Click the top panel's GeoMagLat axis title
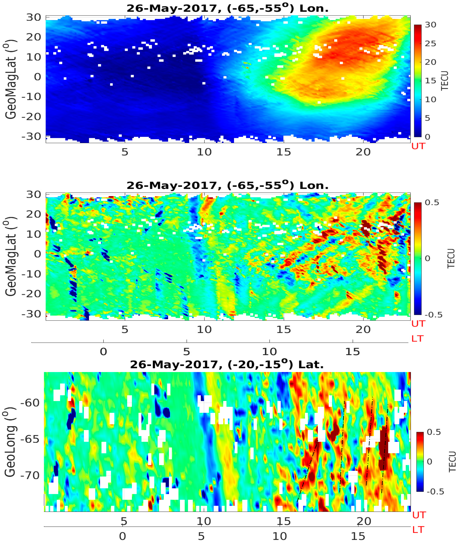pyautogui.click(x=11, y=79)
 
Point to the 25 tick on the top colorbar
pyautogui.click(x=430, y=43)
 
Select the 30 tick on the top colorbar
pyautogui.click(x=430, y=25)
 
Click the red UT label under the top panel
pyautogui.click(x=418, y=146)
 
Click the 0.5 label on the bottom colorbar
pyautogui.click(x=434, y=432)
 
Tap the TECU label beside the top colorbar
pyautogui.click(x=445, y=81)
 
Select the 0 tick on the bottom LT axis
pyautogui.click(x=122, y=536)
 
